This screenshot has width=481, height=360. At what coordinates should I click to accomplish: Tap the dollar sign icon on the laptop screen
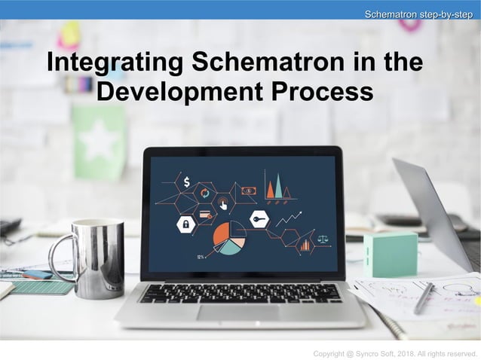tap(186, 182)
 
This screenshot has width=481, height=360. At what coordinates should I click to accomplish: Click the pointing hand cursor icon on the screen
tap(223, 203)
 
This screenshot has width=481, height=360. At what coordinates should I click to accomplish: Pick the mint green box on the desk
tap(390, 254)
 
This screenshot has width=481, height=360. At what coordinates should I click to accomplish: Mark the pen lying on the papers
tap(424, 298)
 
